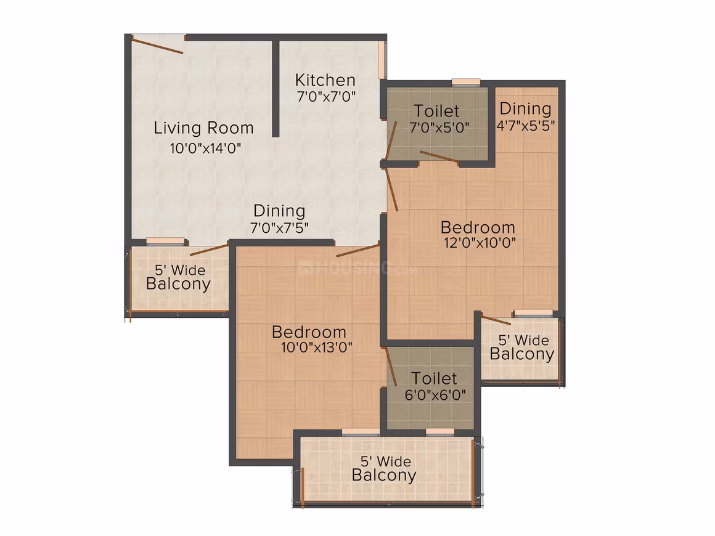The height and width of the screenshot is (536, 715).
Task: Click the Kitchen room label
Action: coord(325,80)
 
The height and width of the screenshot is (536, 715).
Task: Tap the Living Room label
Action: coord(203,128)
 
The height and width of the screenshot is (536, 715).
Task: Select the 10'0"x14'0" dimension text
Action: coord(205,148)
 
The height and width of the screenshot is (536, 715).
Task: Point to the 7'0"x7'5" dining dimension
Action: coord(279,228)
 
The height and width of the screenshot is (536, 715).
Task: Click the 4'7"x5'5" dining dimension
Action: coord(526,125)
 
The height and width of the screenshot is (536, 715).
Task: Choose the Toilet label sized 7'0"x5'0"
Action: coord(436,112)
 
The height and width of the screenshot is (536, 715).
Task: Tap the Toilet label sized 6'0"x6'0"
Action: coord(434,378)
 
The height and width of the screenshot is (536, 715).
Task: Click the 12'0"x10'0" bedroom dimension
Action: coord(480,243)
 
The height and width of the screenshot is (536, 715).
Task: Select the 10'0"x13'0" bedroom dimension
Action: coord(316,347)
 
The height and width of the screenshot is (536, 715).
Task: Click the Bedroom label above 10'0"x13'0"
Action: coord(309,332)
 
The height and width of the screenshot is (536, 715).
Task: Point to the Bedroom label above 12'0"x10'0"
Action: coord(478,227)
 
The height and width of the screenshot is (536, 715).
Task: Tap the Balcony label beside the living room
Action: coord(178,284)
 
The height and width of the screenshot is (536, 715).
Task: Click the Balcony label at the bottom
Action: coord(384,476)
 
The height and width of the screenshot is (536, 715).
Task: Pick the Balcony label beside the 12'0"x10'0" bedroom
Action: coord(521,354)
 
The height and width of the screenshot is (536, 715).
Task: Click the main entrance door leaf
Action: coord(157,46)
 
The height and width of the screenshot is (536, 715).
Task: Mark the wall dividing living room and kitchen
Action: coord(276,89)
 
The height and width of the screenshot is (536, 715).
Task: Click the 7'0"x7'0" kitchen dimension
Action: coord(326,97)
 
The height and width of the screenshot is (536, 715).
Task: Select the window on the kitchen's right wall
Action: coord(383,60)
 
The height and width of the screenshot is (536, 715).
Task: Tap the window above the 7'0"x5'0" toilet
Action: coord(465,83)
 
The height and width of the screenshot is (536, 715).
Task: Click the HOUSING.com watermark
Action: coord(357,268)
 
